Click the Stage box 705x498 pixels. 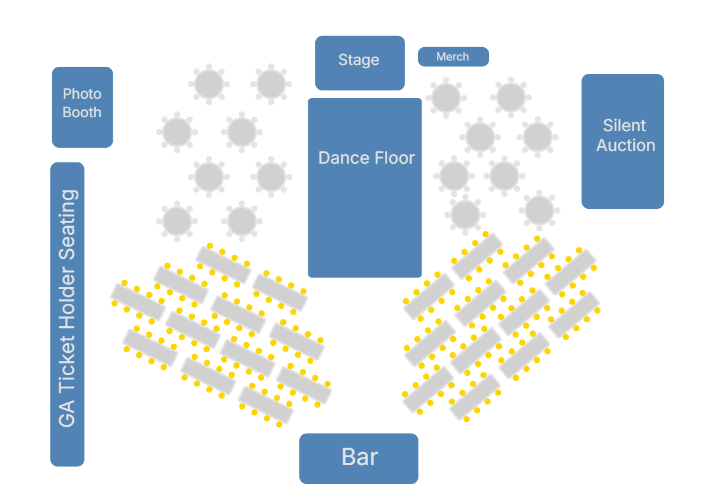click(360, 62)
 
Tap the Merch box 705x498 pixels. click(453, 57)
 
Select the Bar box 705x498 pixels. click(359, 458)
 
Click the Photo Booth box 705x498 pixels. click(82, 106)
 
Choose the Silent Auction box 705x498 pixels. click(622, 141)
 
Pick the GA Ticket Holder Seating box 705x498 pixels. click(67, 314)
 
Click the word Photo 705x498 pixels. click(82, 94)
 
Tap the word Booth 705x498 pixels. click(82, 113)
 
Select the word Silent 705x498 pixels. click(624, 125)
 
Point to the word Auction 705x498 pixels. click(625, 145)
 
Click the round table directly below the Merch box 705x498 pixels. click(446, 97)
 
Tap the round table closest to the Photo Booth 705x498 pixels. click(177, 132)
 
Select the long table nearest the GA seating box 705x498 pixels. click(138, 302)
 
